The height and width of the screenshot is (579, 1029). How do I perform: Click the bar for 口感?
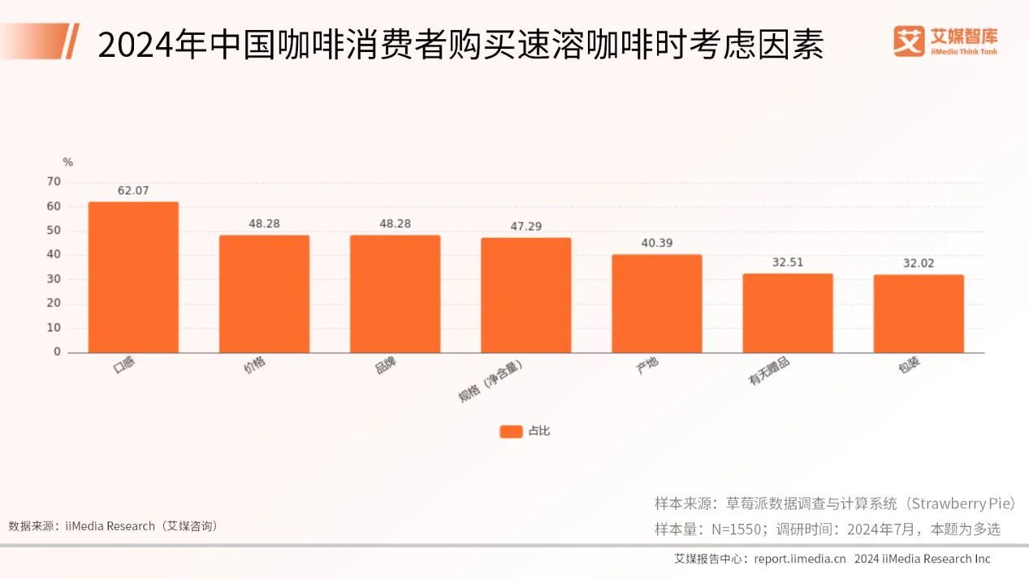(x=133, y=277)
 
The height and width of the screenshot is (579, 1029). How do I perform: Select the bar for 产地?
(x=656, y=304)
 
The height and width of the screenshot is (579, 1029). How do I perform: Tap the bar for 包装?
(x=919, y=313)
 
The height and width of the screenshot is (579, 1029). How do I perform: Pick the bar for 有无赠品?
(x=788, y=313)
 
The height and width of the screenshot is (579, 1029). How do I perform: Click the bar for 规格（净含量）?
(x=525, y=295)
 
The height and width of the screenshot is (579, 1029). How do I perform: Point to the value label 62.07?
(x=133, y=191)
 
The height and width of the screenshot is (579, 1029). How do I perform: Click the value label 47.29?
(x=525, y=227)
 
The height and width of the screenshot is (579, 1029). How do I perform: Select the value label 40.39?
(x=656, y=243)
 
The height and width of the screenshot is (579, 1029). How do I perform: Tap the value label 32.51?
(x=788, y=262)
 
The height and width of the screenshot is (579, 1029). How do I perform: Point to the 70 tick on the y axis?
(x=54, y=182)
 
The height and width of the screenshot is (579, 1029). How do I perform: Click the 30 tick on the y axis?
(x=54, y=279)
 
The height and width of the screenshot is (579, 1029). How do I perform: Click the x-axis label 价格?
(x=255, y=367)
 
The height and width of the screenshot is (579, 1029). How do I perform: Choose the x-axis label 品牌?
(x=385, y=367)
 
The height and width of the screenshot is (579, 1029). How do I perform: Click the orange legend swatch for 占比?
(x=511, y=431)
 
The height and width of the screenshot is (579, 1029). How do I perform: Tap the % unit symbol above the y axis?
(x=67, y=162)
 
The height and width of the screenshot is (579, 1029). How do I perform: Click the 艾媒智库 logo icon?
(x=909, y=41)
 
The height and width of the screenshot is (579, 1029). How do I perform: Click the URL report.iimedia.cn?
(x=800, y=559)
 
